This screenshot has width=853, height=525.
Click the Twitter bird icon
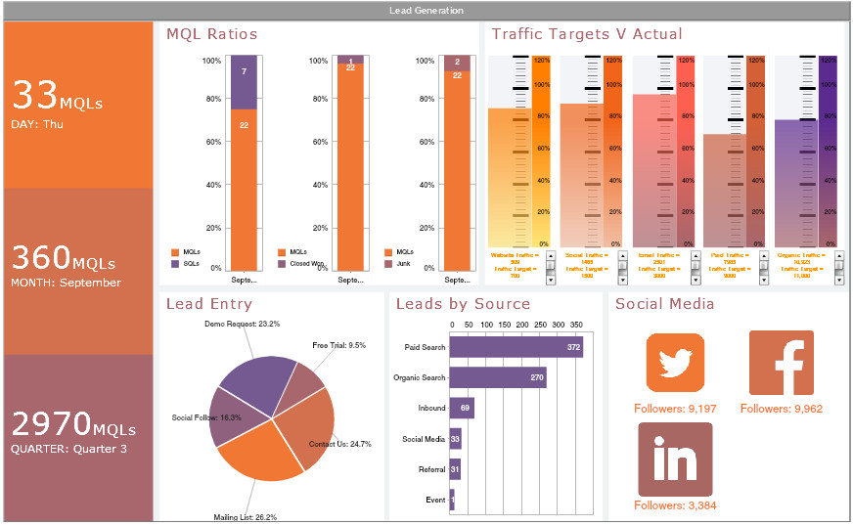[675, 363]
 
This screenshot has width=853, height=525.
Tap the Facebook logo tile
[781, 363]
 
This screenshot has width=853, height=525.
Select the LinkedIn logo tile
[675, 459]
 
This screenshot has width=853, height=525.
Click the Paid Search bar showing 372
[516, 347]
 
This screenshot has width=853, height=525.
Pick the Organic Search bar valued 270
[498, 377]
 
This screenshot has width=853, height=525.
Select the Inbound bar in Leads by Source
[462, 408]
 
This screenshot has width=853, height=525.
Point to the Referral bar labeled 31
[455, 469]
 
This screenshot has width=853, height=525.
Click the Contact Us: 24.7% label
[339, 445]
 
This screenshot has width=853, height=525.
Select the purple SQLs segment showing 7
[244, 81]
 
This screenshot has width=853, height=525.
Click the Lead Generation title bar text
[426, 11]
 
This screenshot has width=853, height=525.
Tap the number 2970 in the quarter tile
[51, 423]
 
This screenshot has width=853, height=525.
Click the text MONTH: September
[67, 284]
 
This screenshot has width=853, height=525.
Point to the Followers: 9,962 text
[781, 409]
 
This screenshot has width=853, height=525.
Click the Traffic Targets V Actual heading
[587, 34]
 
